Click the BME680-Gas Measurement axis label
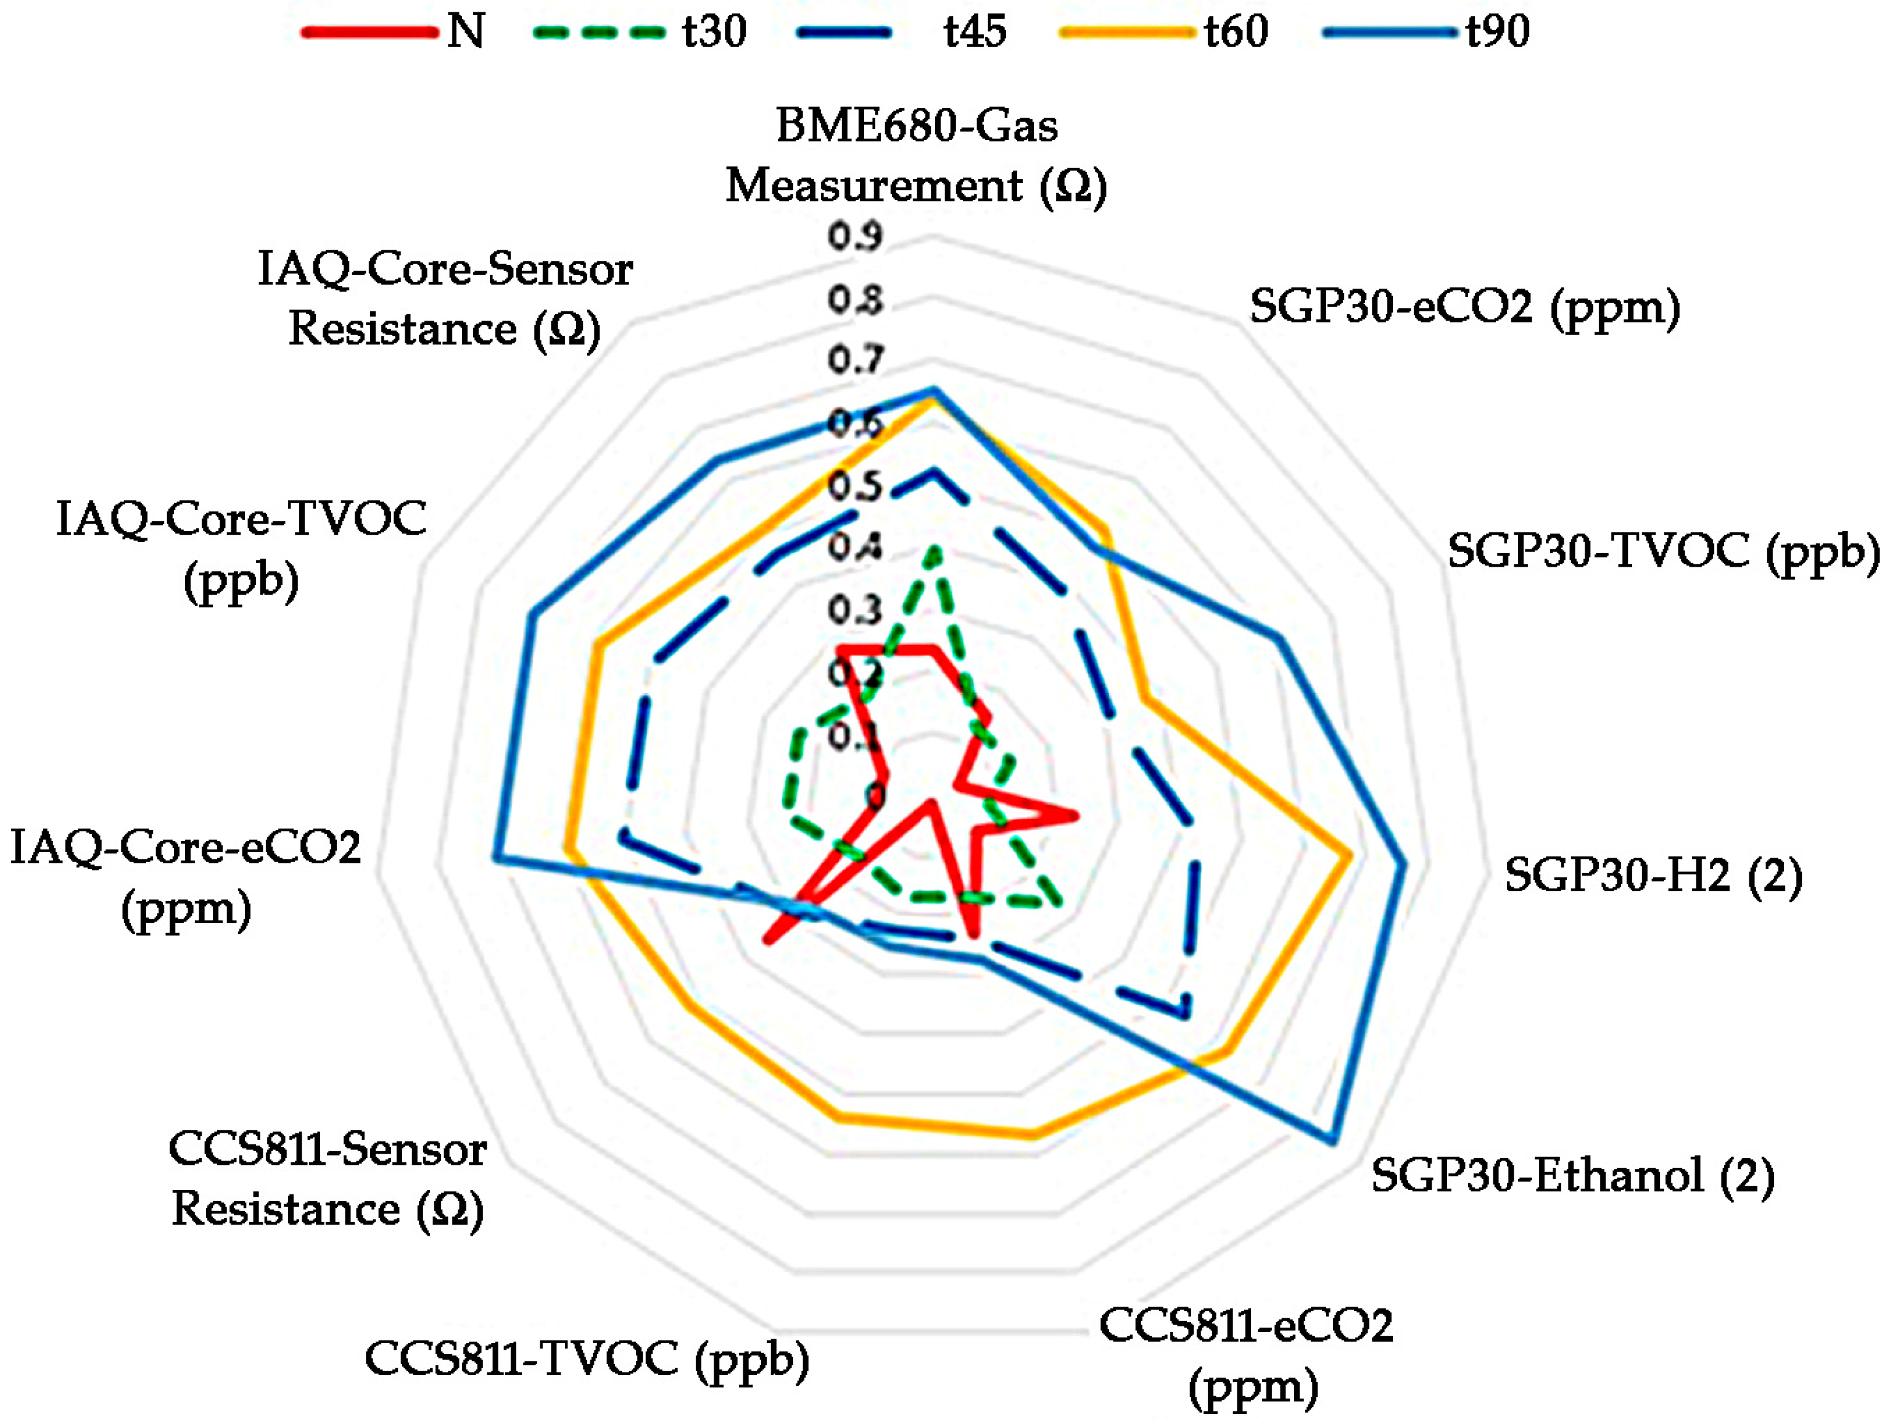click(x=917, y=155)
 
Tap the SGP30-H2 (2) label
click(x=1653, y=875)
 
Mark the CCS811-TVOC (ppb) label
click(x=587, y=1358)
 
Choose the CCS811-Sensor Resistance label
click(x=328, y=1179)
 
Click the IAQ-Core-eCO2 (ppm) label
click(x=186, y=877)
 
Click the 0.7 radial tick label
click(x=854, y=359)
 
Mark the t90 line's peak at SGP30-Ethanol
click(x=1331, y=1140)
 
